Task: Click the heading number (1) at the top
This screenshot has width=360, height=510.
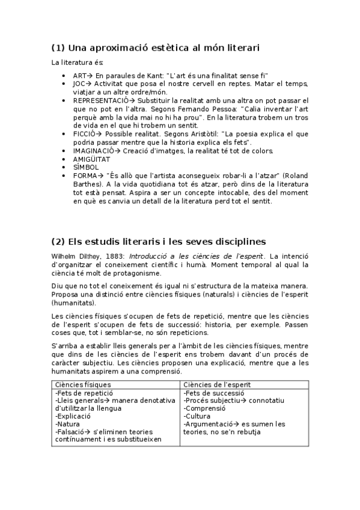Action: pyautogui.click(x=58, y=47)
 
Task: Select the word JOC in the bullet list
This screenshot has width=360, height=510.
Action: pyautogui.click(x=79, y=84)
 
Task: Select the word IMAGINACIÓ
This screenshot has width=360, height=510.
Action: pyautogui.click(x=95, y=150)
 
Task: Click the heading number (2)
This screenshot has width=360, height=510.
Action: pyautogui.click(x=58, y=242)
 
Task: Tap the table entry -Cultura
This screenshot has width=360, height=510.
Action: pyautogui.click(x=198, y=416)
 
